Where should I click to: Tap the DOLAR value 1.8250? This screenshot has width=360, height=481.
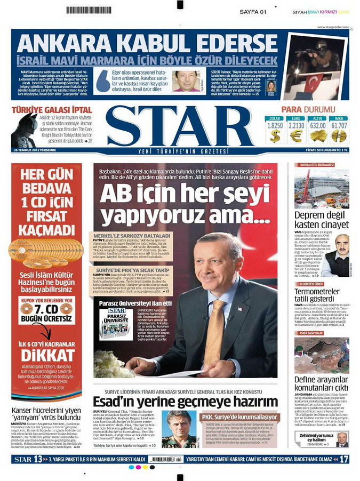tap(275, 126)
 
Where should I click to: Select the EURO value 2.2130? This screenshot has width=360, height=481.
tap(296, 126)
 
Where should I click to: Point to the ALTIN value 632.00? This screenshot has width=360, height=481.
tap(318, 126)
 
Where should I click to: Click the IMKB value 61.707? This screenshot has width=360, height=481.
tap(339, 126)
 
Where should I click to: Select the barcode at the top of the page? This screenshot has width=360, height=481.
tap(89, 10)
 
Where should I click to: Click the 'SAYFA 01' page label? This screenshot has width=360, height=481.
tap(252, 11)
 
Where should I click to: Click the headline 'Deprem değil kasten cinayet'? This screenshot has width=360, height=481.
tap(322, 220)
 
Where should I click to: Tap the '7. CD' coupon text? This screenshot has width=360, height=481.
tap(47, 309)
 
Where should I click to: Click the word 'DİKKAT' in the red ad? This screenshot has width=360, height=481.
tap(47, 354)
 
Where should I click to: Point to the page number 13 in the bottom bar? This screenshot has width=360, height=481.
tap(37, 459)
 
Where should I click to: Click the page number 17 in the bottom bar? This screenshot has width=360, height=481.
tap(344, 459)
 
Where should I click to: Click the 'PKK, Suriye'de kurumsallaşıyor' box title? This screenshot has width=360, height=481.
tap(240, 416)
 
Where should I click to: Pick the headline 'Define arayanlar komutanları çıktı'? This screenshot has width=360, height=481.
tap(322, 383)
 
